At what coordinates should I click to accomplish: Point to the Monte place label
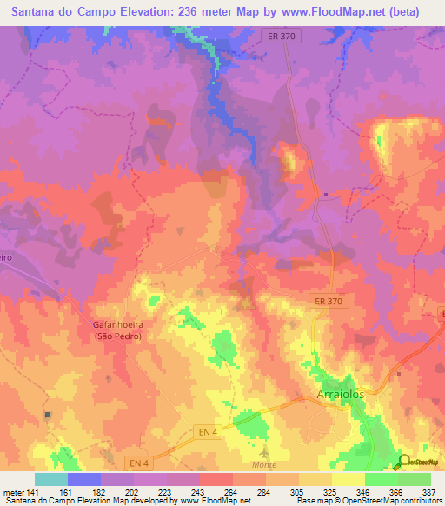(263, 465)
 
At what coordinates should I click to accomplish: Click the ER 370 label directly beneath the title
(280, 35)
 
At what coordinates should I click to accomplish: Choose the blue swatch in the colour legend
(84, 479)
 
